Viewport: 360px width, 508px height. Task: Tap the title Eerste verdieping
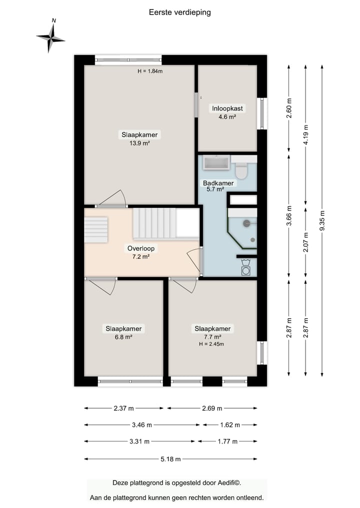tap(179, 12)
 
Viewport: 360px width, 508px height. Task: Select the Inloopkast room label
tap(227, 108)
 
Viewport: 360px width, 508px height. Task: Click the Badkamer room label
tap(218, 183)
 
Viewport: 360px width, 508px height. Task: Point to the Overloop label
tap(141, 248)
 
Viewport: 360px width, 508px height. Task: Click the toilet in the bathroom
tap(241, 170)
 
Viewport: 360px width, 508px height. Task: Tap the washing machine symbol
tap(246, 268)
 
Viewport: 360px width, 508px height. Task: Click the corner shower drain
tap(252, 240)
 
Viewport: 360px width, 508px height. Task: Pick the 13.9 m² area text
tap(139, 143)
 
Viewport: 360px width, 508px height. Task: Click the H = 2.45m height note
tap(211, 344)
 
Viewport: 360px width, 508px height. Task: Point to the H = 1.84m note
tap(150, 71)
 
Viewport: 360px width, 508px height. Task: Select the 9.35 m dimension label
tap(322, 221)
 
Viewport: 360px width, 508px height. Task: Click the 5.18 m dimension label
tap(170, 459)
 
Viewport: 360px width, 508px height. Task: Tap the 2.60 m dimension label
tap(289, 108)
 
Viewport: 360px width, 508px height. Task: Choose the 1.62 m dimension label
tap(230, 425)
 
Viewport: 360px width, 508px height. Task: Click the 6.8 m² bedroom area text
tap(123, 337)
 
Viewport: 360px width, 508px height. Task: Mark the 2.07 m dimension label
tap(306, 242)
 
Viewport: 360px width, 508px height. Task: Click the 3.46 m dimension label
tap(141, 425)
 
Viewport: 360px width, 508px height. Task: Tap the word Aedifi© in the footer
tap(229, 483)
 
